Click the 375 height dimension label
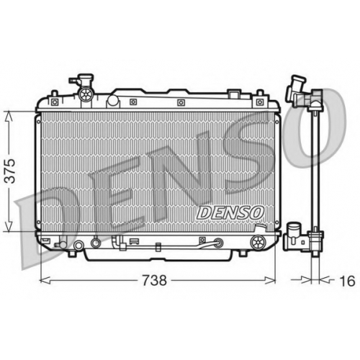point(12,171)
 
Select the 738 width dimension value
point(154,280)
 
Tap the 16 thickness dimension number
point(348,281)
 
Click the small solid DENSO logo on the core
point(230,212)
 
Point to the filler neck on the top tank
point(81,81)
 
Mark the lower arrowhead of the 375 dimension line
point(9,225)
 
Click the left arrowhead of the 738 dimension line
point(45,280)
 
